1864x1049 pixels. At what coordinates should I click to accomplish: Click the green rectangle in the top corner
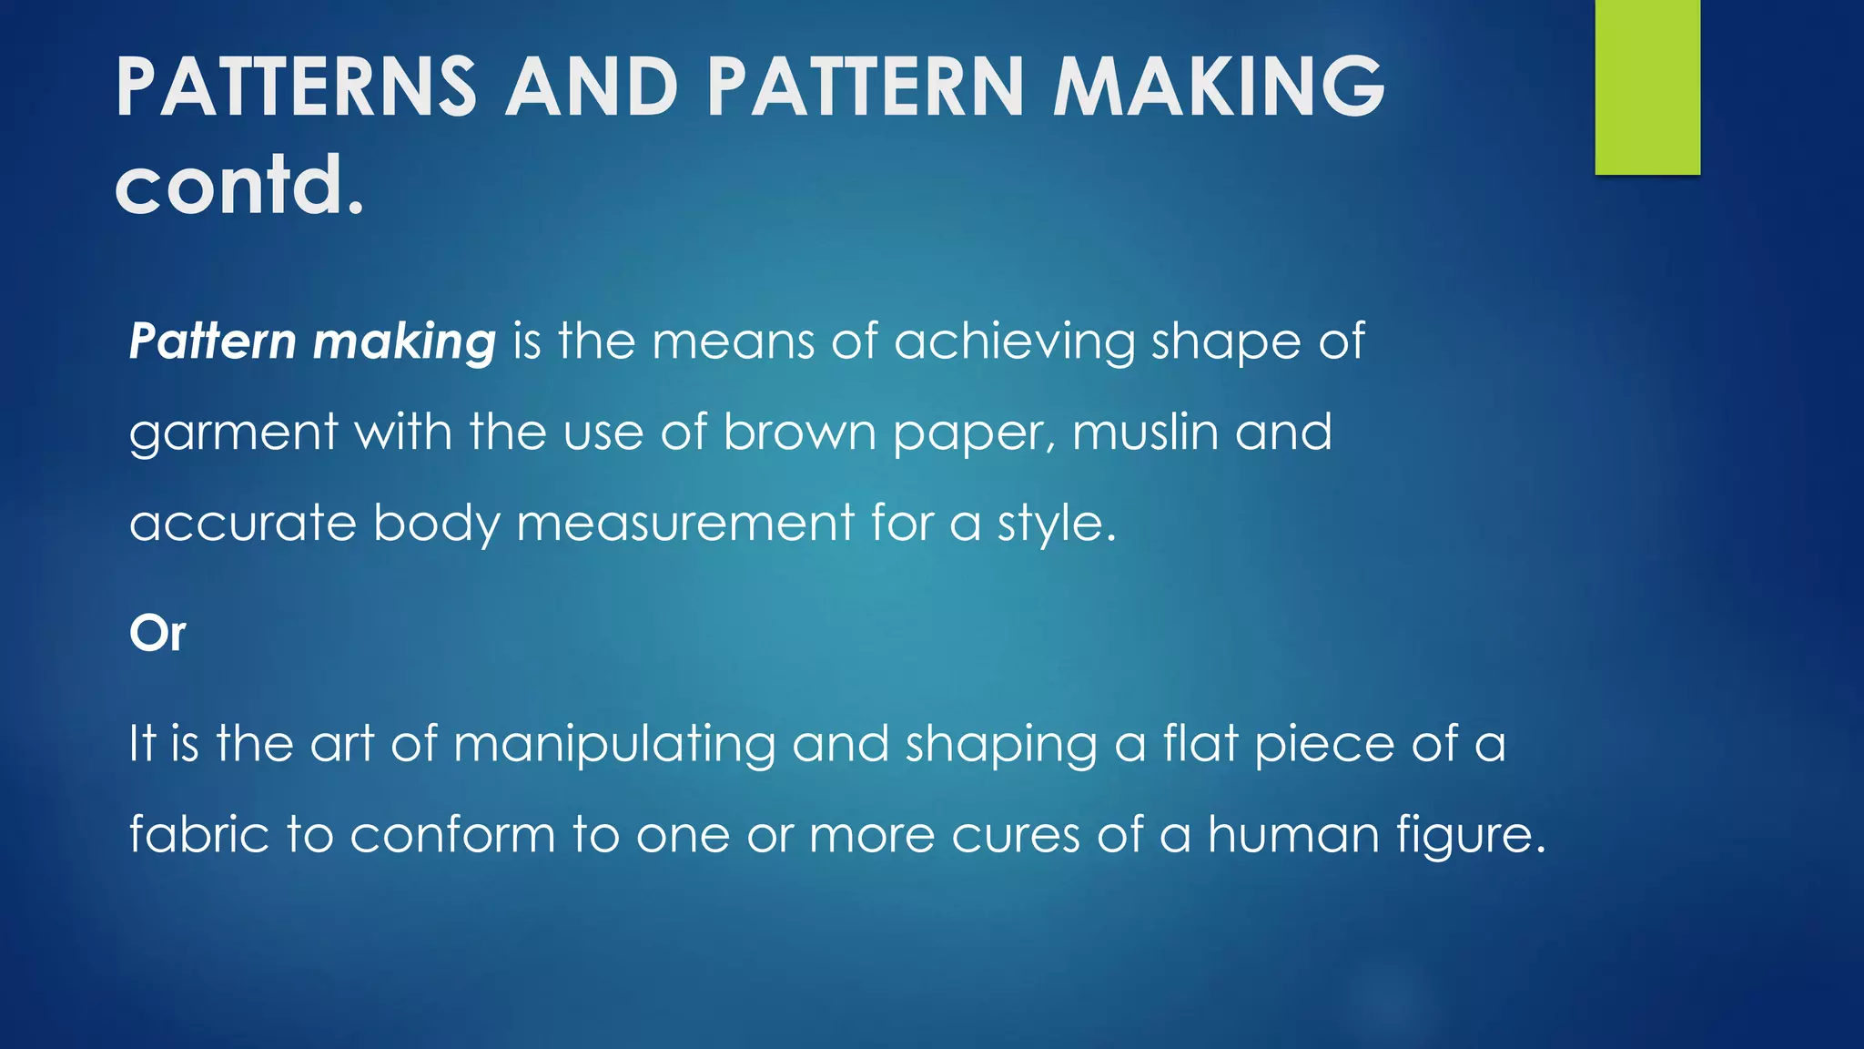(x=1647, y=87)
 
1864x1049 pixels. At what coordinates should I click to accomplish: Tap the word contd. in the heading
(x=239, y=185)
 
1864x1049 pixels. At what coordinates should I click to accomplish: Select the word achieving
(x=1014, y=342)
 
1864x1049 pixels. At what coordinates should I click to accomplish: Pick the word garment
(x=234, y=433)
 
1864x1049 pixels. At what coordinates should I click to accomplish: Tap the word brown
(x=799, y=433)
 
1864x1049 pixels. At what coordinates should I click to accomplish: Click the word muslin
(x=1145, y=433)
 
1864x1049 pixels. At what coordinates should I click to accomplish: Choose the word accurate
(x=243, y=524)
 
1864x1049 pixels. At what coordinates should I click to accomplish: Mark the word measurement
(x=685, y=524)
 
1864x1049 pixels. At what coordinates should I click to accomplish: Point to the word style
(x=1056, y=525)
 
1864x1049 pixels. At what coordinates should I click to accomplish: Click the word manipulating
(x=614, y=745)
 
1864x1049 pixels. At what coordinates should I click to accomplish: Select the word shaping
(x=1001, y=745)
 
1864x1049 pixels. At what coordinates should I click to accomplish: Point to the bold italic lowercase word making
(x=404, y=342)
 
